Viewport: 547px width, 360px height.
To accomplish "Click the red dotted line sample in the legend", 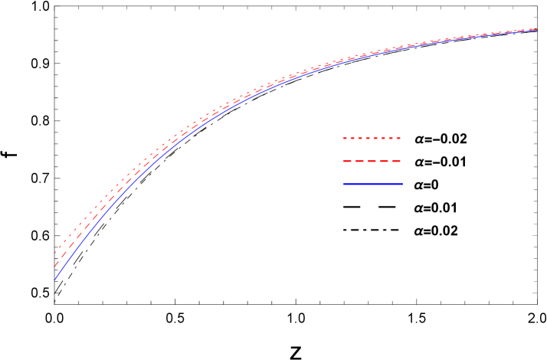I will click(372, 138).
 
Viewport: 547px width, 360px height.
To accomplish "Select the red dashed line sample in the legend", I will click(372, 161).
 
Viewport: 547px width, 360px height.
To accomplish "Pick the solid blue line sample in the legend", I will click(372, 184).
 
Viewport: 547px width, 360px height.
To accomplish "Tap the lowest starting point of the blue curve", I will click(55, 279).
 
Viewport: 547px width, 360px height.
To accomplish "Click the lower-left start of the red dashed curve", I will click(56, 265).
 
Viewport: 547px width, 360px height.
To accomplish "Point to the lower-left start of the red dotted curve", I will click(55, 252).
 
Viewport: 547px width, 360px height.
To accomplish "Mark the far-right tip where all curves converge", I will click(536, 30).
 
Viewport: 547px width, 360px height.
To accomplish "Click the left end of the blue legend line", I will click(343, 184).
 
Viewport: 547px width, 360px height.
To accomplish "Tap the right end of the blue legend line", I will click(402, 184).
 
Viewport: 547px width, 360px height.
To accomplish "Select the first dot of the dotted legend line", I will click(345, 138).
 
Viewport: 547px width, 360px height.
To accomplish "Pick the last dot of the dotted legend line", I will click(398, 138).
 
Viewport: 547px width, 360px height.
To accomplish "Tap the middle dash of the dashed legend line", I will click(372, 161).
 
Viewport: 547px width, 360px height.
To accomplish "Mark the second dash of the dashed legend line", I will click(359, 161).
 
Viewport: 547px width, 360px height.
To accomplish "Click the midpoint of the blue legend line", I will click(372, 184).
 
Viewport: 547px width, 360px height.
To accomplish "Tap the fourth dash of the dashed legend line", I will click(384, 161).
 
